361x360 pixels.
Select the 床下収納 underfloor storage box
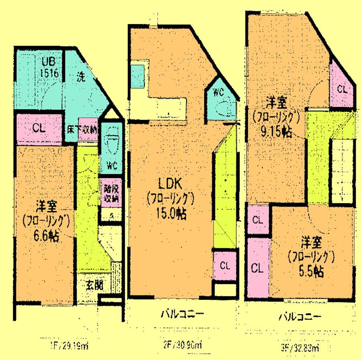coord(87,129)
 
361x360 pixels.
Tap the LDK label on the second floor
coord(170,184)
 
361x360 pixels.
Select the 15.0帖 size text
coord(171,214)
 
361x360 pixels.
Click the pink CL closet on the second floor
coord(224,265)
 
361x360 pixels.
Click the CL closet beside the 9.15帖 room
coord(342,89)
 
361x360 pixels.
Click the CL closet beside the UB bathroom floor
coord(39,129)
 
